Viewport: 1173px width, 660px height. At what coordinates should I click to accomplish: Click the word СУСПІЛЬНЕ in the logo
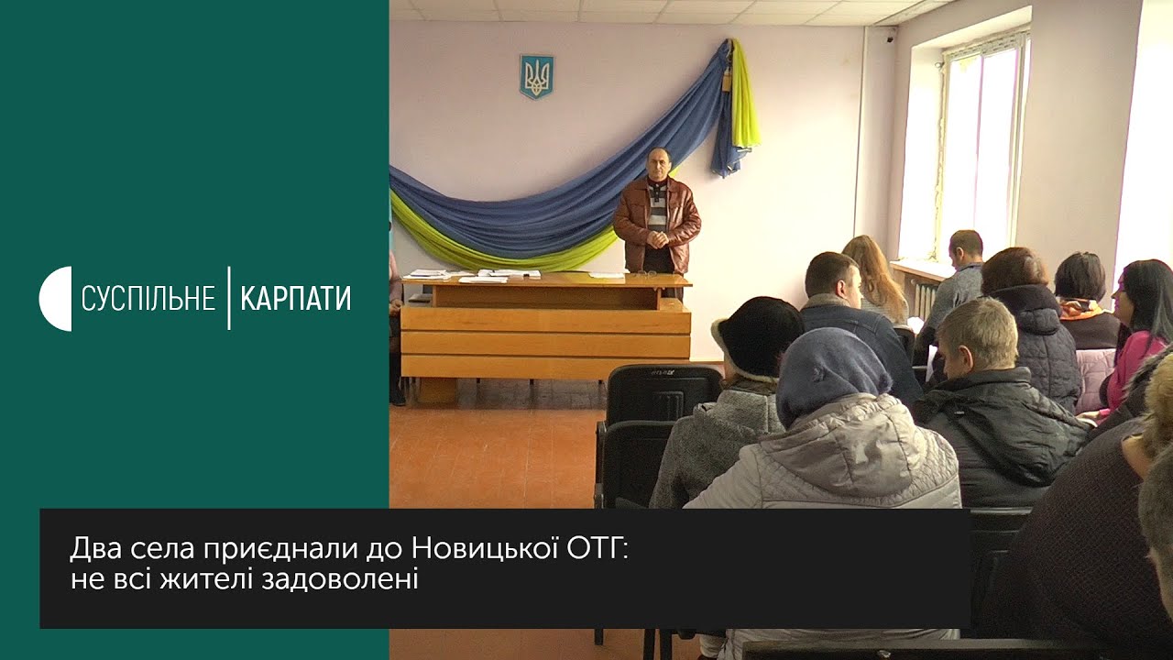148,299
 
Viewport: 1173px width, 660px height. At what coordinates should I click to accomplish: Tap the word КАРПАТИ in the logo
296,299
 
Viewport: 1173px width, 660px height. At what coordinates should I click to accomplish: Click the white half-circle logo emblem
56,299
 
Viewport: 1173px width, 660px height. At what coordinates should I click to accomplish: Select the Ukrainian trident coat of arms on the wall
536,76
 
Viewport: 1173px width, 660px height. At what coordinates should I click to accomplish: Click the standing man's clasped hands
657,239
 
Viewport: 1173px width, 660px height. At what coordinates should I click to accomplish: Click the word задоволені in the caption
340,580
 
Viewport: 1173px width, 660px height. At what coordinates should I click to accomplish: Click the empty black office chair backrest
663,394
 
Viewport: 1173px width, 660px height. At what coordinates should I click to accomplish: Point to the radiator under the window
925,299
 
